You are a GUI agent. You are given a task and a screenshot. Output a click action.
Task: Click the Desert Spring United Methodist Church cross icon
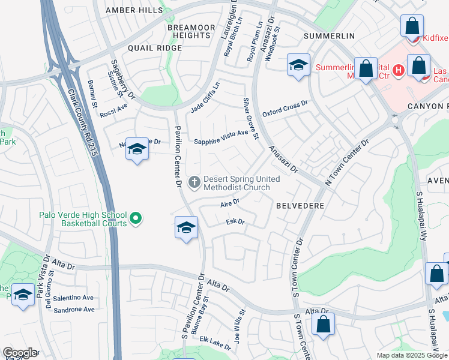pyautogui.click(x=194, y=181)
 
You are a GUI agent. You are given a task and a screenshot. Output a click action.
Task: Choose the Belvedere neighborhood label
pyautogui.click(x=300, y=205)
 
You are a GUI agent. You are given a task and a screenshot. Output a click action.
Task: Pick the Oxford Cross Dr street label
pyautogui.click(x=285, y=109)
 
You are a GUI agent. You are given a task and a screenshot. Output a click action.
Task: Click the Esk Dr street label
pyautogui.click(x=235, y=222)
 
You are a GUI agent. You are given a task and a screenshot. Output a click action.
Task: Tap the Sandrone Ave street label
pyautogui.click(x=74, y=310)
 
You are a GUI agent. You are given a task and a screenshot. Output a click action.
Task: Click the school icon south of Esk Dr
pyautogui.click(x=187, y=229)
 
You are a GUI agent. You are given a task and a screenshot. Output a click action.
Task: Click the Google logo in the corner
pyautogui.click(x=19, y=353)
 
